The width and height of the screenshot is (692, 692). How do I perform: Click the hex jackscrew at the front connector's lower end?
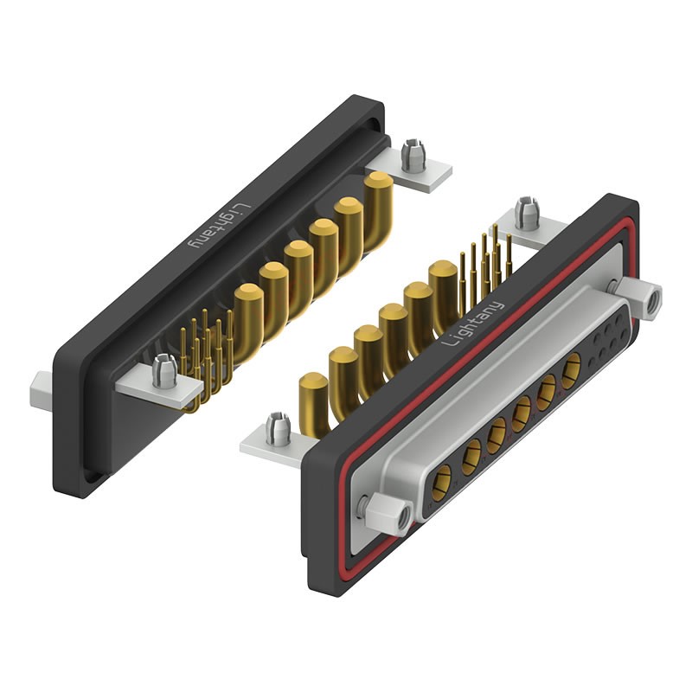[x=388, y=513]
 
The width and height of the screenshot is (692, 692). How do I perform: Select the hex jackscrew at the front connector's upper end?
[x=641, y=300]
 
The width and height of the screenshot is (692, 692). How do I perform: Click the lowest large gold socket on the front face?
[x=443, y=478]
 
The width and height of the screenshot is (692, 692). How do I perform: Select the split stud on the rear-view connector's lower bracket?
[x=164, y=370]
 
